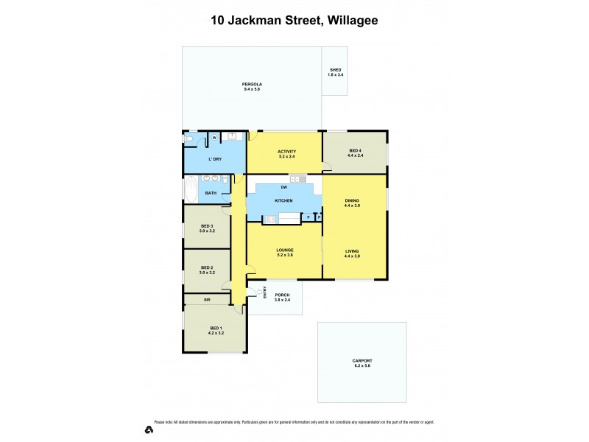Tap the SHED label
click(335, 70)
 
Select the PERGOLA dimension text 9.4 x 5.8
click(253, 89)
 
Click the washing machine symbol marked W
click(214, 137)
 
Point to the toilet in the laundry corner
click(188, 138)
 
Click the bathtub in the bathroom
click(189, 190)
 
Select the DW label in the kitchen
click(283, 187)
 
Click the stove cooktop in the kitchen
click(297, 179)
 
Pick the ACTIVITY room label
click(286, 151)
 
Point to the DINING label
click(352, 200)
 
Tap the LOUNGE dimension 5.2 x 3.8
click(284, 255)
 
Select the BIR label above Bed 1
click(207, 299)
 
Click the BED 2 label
click(206, 268)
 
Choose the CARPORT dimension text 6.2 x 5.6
click(361, 365)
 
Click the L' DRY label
click(215, 159)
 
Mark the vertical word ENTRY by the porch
click(264, 293)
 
